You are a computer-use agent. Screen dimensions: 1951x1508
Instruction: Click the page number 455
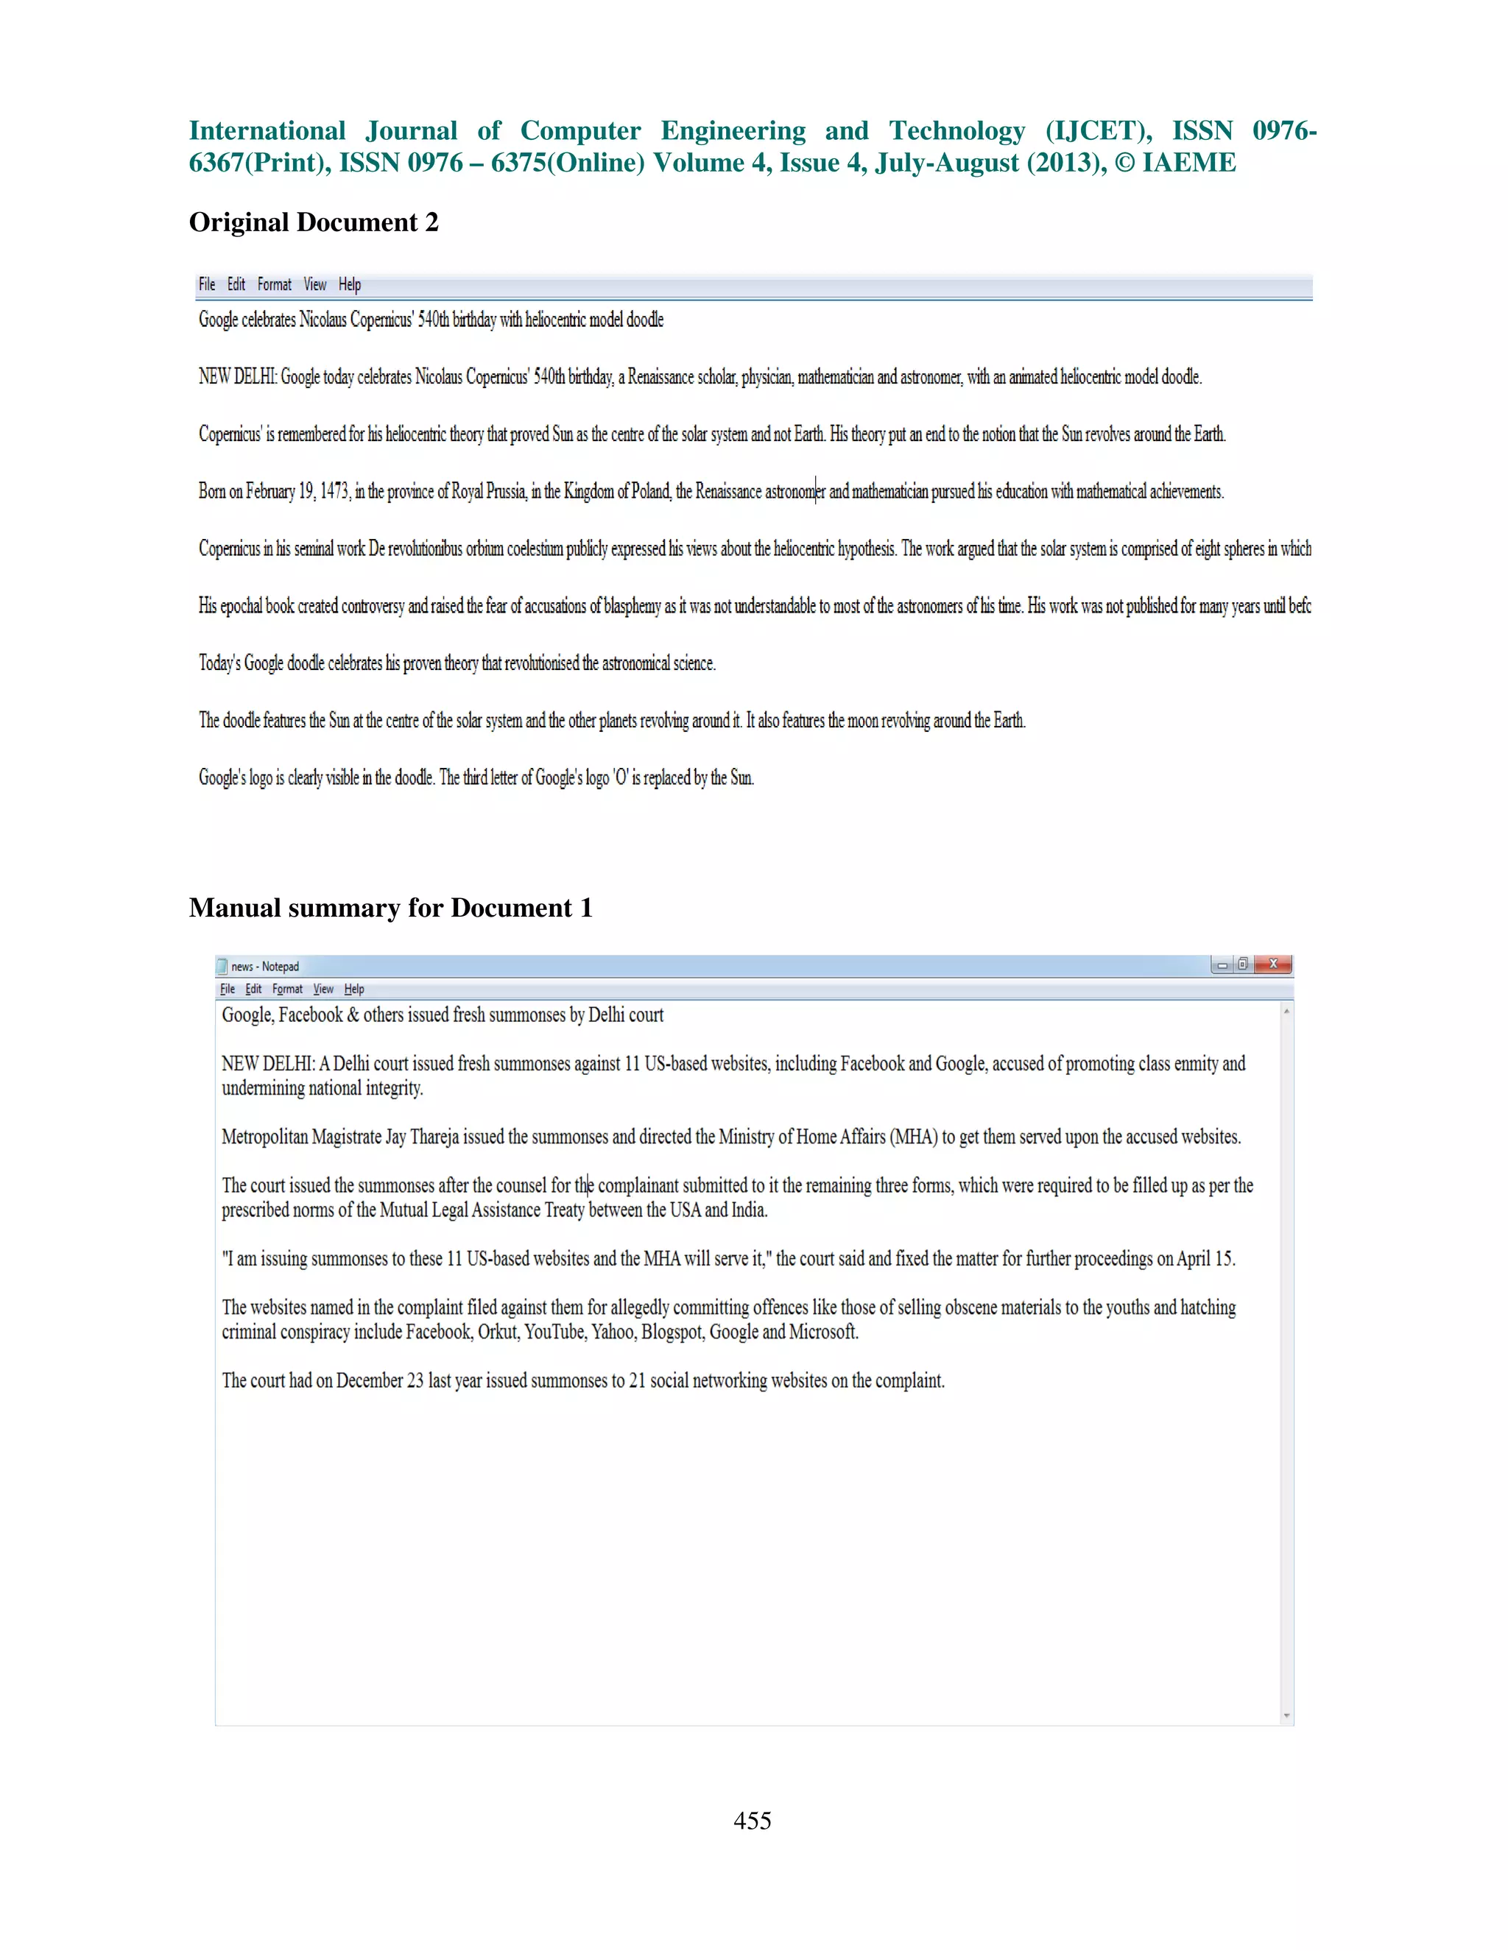(x=753, y=1820)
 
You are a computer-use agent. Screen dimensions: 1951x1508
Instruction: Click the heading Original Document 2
(x=314, y=222)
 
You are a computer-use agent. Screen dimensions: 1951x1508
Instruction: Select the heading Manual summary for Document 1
(x=390, y=908)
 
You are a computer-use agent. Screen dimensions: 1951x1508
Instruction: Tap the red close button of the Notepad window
(x=1273, y=964)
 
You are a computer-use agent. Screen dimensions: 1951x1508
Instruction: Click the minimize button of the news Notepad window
(x=1222, y=964)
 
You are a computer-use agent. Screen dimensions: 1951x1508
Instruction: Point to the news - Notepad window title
(x=264, y=967)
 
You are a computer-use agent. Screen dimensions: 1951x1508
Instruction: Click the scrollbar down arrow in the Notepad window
(x=1286, y=1715)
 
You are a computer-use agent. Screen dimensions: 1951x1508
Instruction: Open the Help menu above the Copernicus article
(x=349, y=285)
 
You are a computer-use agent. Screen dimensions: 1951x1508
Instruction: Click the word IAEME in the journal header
(x=1189, y=163)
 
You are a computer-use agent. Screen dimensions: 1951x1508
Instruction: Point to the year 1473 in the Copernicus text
(x=335, y=491)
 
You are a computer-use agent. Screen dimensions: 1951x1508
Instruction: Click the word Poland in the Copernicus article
(x=650, y=491)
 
